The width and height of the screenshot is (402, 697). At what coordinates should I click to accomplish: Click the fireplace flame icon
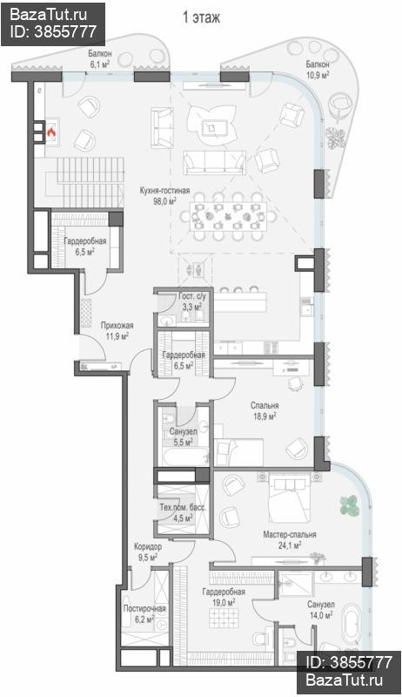[51, 132]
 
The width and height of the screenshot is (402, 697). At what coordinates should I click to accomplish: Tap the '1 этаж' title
[201, 18]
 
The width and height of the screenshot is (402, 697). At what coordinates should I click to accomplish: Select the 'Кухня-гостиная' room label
[164, 191]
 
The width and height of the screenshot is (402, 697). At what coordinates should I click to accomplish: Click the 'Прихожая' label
[117, 325]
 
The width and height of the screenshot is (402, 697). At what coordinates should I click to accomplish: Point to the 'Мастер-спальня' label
[289, 534]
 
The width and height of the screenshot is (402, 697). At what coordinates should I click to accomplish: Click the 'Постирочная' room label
[144, 608]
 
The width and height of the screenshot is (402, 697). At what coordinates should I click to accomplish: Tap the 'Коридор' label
[148, 546]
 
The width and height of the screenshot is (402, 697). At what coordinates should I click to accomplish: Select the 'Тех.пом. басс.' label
[183, 508]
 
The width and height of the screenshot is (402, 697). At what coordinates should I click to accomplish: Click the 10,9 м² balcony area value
[318, 75]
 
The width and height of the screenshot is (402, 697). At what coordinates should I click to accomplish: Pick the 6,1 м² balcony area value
[99, 64]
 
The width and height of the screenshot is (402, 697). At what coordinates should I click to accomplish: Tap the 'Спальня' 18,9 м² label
[265, 405]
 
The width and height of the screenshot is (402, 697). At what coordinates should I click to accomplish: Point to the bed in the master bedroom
[289, 497]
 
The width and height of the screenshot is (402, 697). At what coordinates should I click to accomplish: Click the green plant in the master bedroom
[350, 505]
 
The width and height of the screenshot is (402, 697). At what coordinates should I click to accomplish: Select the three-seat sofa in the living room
[215, 162]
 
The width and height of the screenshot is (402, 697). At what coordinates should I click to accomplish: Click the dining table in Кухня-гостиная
[229, 216]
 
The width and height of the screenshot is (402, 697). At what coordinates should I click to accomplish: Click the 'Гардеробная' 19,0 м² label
[223, 592]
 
